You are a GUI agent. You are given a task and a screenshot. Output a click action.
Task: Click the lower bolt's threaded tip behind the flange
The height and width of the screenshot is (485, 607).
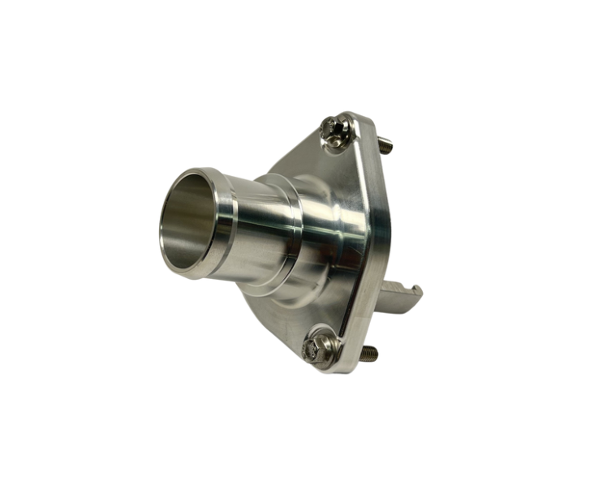(x=369, y=354)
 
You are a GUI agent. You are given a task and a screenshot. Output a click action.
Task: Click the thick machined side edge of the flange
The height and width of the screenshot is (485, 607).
(x=378, y=243)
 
